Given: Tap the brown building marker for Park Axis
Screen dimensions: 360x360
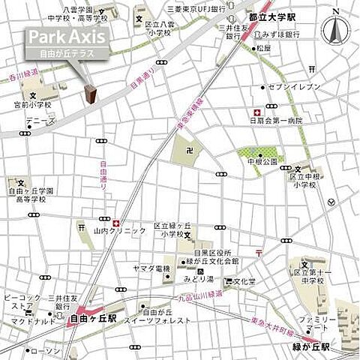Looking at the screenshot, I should pos(90,94).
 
